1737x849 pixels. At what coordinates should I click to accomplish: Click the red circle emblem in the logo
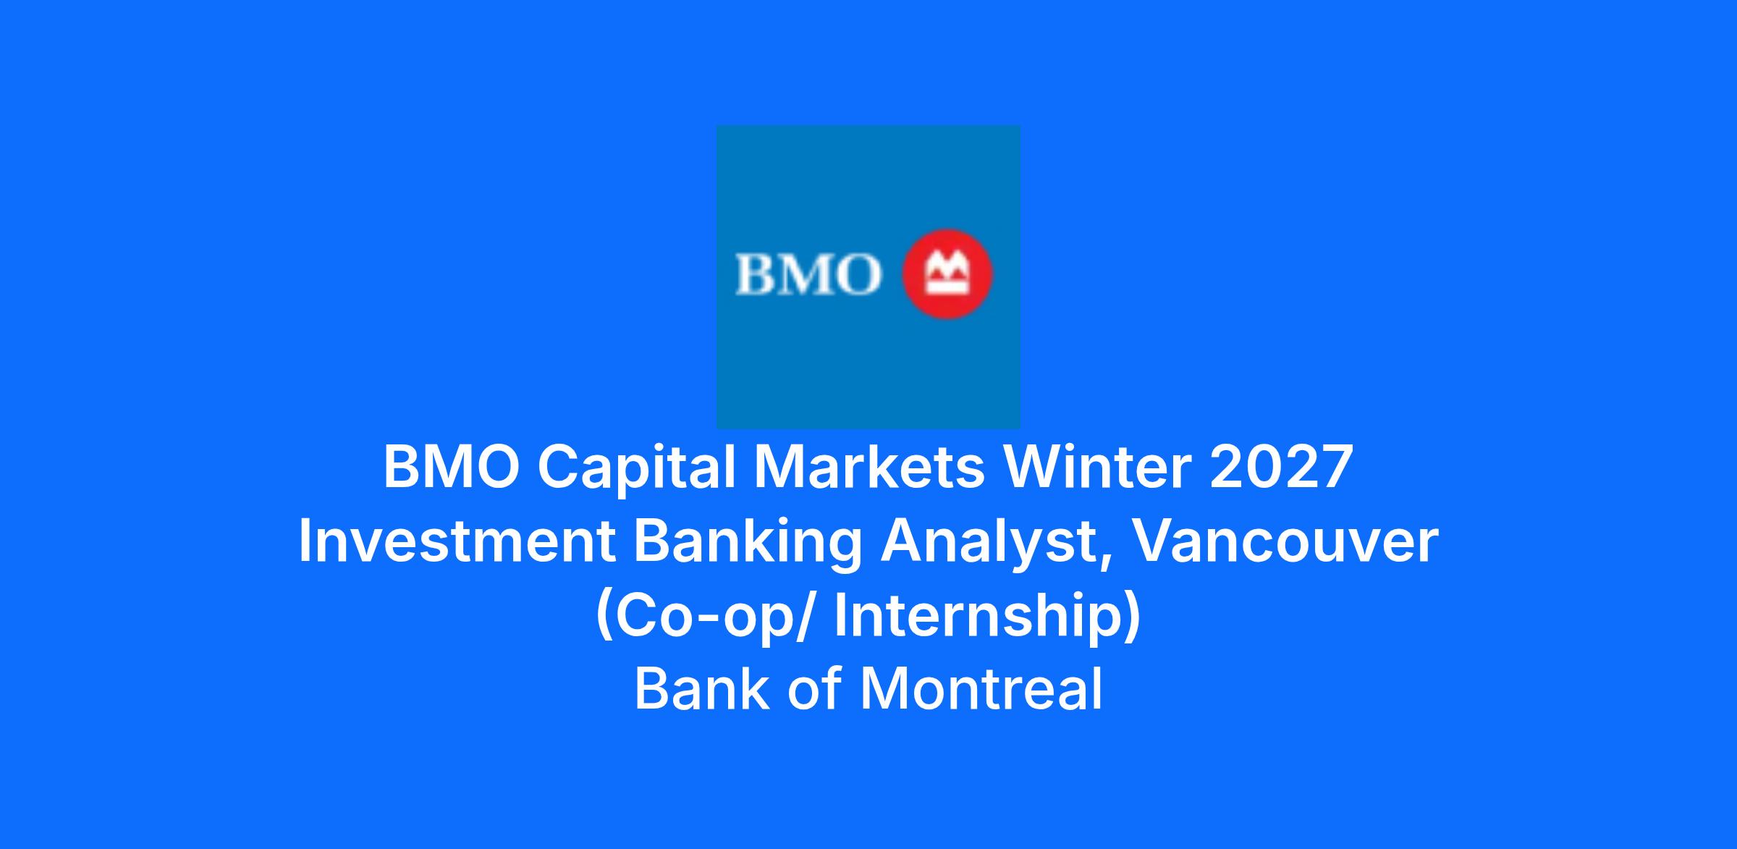coord(947,274)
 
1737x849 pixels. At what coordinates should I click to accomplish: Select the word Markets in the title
coord(868,468)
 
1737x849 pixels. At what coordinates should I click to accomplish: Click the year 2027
coord(1280,468)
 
